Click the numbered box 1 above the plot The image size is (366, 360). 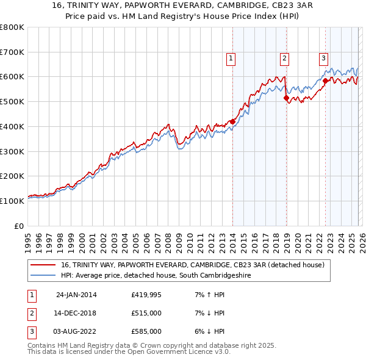(231, 59)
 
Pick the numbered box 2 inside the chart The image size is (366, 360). (284, 59)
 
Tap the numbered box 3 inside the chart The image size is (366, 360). (323, 59)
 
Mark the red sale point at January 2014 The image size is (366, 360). (232, 121)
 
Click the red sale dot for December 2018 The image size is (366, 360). (285, 98)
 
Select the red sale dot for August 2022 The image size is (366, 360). (325, 81)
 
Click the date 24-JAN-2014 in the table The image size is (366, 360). (76, 295)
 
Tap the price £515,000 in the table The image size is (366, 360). (146, 313)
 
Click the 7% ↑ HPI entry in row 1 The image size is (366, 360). (209, 295)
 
